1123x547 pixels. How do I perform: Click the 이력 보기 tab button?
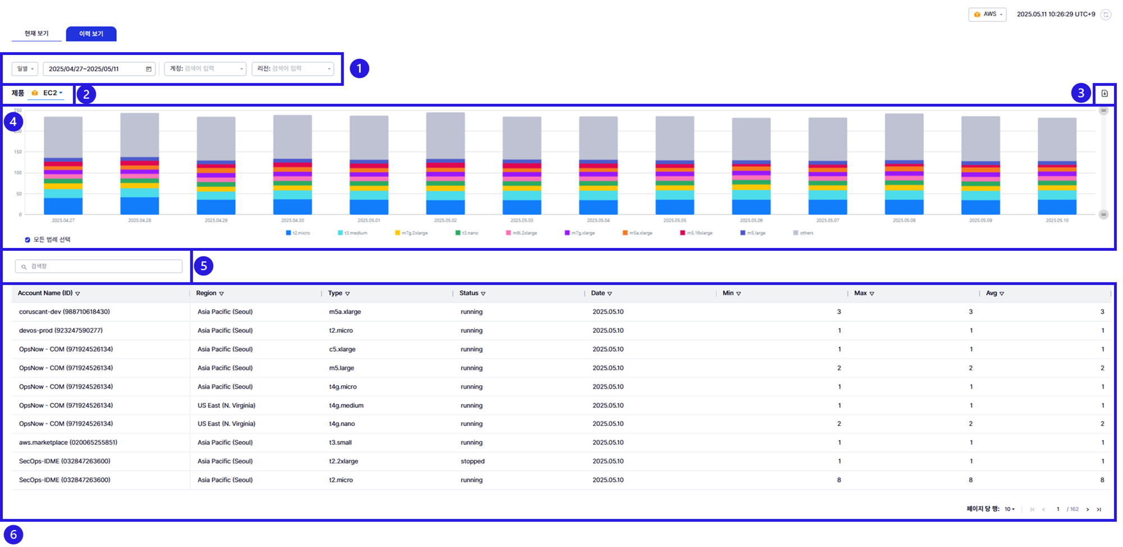91,34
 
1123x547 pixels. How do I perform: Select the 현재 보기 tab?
36,34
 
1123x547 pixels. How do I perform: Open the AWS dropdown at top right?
988,15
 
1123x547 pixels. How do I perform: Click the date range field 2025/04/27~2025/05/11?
99,69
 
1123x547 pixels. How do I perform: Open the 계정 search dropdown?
205,69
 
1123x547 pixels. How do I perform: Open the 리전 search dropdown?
293,69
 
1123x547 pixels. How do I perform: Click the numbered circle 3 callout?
1080,93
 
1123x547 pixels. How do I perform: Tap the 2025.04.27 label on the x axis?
63,220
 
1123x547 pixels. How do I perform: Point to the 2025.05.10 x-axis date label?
1057,220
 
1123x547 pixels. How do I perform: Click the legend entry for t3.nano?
467,233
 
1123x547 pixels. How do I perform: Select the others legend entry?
804,233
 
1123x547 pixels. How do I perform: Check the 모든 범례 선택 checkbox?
28,240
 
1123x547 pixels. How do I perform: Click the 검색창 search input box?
99,266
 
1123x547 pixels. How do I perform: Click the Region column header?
206,293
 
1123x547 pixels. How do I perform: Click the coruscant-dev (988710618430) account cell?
65,312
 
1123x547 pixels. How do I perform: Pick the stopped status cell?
473,461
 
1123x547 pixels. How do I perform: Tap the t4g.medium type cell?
346,406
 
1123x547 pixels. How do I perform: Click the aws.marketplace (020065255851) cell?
68,443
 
